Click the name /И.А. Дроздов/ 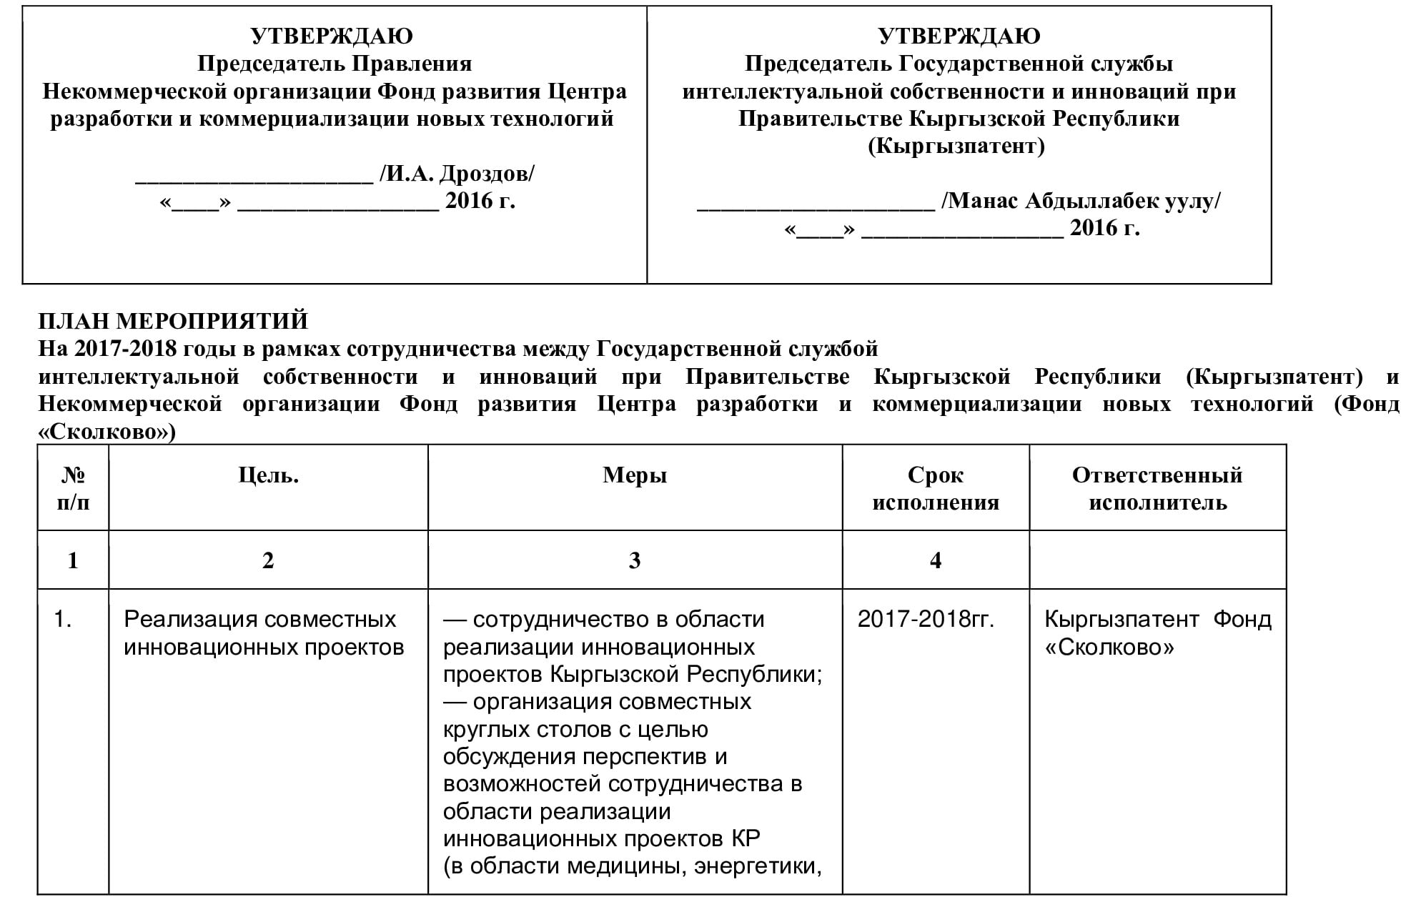pos(457,174)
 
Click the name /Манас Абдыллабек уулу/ pos(1081,201)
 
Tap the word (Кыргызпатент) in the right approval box pos(956,147)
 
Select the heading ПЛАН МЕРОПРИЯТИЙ pos(173,321)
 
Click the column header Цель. pos(268,475)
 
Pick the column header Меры pos(635,475)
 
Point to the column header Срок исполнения pos(935,489)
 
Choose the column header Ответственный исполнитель pos(1157,489)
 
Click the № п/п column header pos(73,489)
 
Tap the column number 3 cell pos(635,560)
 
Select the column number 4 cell pos(935,560)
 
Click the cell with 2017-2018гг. pos(926,619)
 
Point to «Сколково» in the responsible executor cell pos(1109,648)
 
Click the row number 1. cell pos(63,619)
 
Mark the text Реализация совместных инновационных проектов pos(264,633)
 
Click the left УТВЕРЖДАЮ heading pos(332,36)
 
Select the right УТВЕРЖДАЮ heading pos(959,36)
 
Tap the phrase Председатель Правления pos(335,64)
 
